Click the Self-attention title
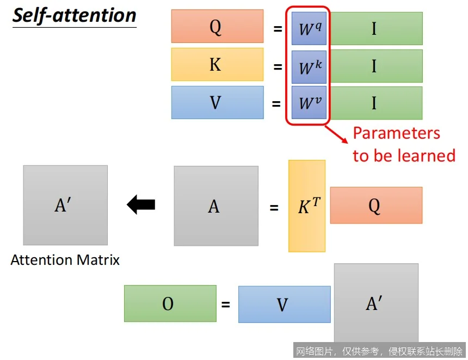point(75,16)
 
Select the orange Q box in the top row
point(217,26)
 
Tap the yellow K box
point(217,64)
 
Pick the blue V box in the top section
point(217,103)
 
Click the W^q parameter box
point(309,29)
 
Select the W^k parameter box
point(309,67)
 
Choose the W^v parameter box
point(309,103)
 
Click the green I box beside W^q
point(376,29)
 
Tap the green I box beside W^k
point(376,66)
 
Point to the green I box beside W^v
point(376,103)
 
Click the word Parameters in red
point(396,133)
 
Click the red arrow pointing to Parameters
point(336,134)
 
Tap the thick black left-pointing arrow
point(141,204)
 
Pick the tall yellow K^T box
point(307,206)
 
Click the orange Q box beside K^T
point(376,205)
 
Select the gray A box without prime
point(216,206)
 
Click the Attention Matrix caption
point(65,260)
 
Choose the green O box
point(170,303)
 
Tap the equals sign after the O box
point(226,305)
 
